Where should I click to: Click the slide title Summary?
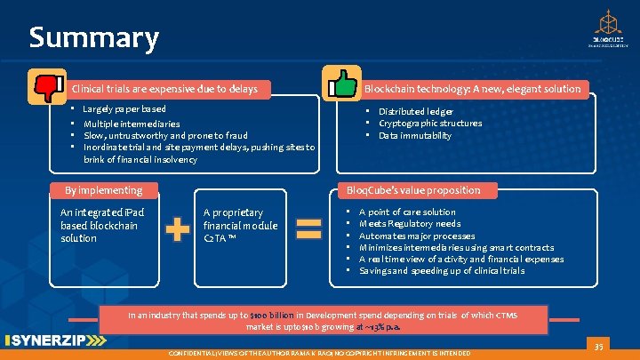(x=93, y=38)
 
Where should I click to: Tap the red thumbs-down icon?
(x=46, y=86)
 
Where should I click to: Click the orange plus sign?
(x=178, y=230)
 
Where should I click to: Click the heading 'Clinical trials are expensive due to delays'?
(x=164, y=88)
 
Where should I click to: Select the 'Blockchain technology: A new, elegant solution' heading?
(x=472, y=88)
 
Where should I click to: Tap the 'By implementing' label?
(x=103, y=189)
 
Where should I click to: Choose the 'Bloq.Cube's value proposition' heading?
(x=412, y=189)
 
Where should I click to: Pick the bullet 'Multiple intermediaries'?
(x=132, y=124)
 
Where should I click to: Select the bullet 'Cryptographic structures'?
(x=430, y=123)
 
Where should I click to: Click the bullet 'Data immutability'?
(x=415, y=135)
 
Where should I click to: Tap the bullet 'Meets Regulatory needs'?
(x=410, y=224)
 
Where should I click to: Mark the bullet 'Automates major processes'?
(x=417, y=236)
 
